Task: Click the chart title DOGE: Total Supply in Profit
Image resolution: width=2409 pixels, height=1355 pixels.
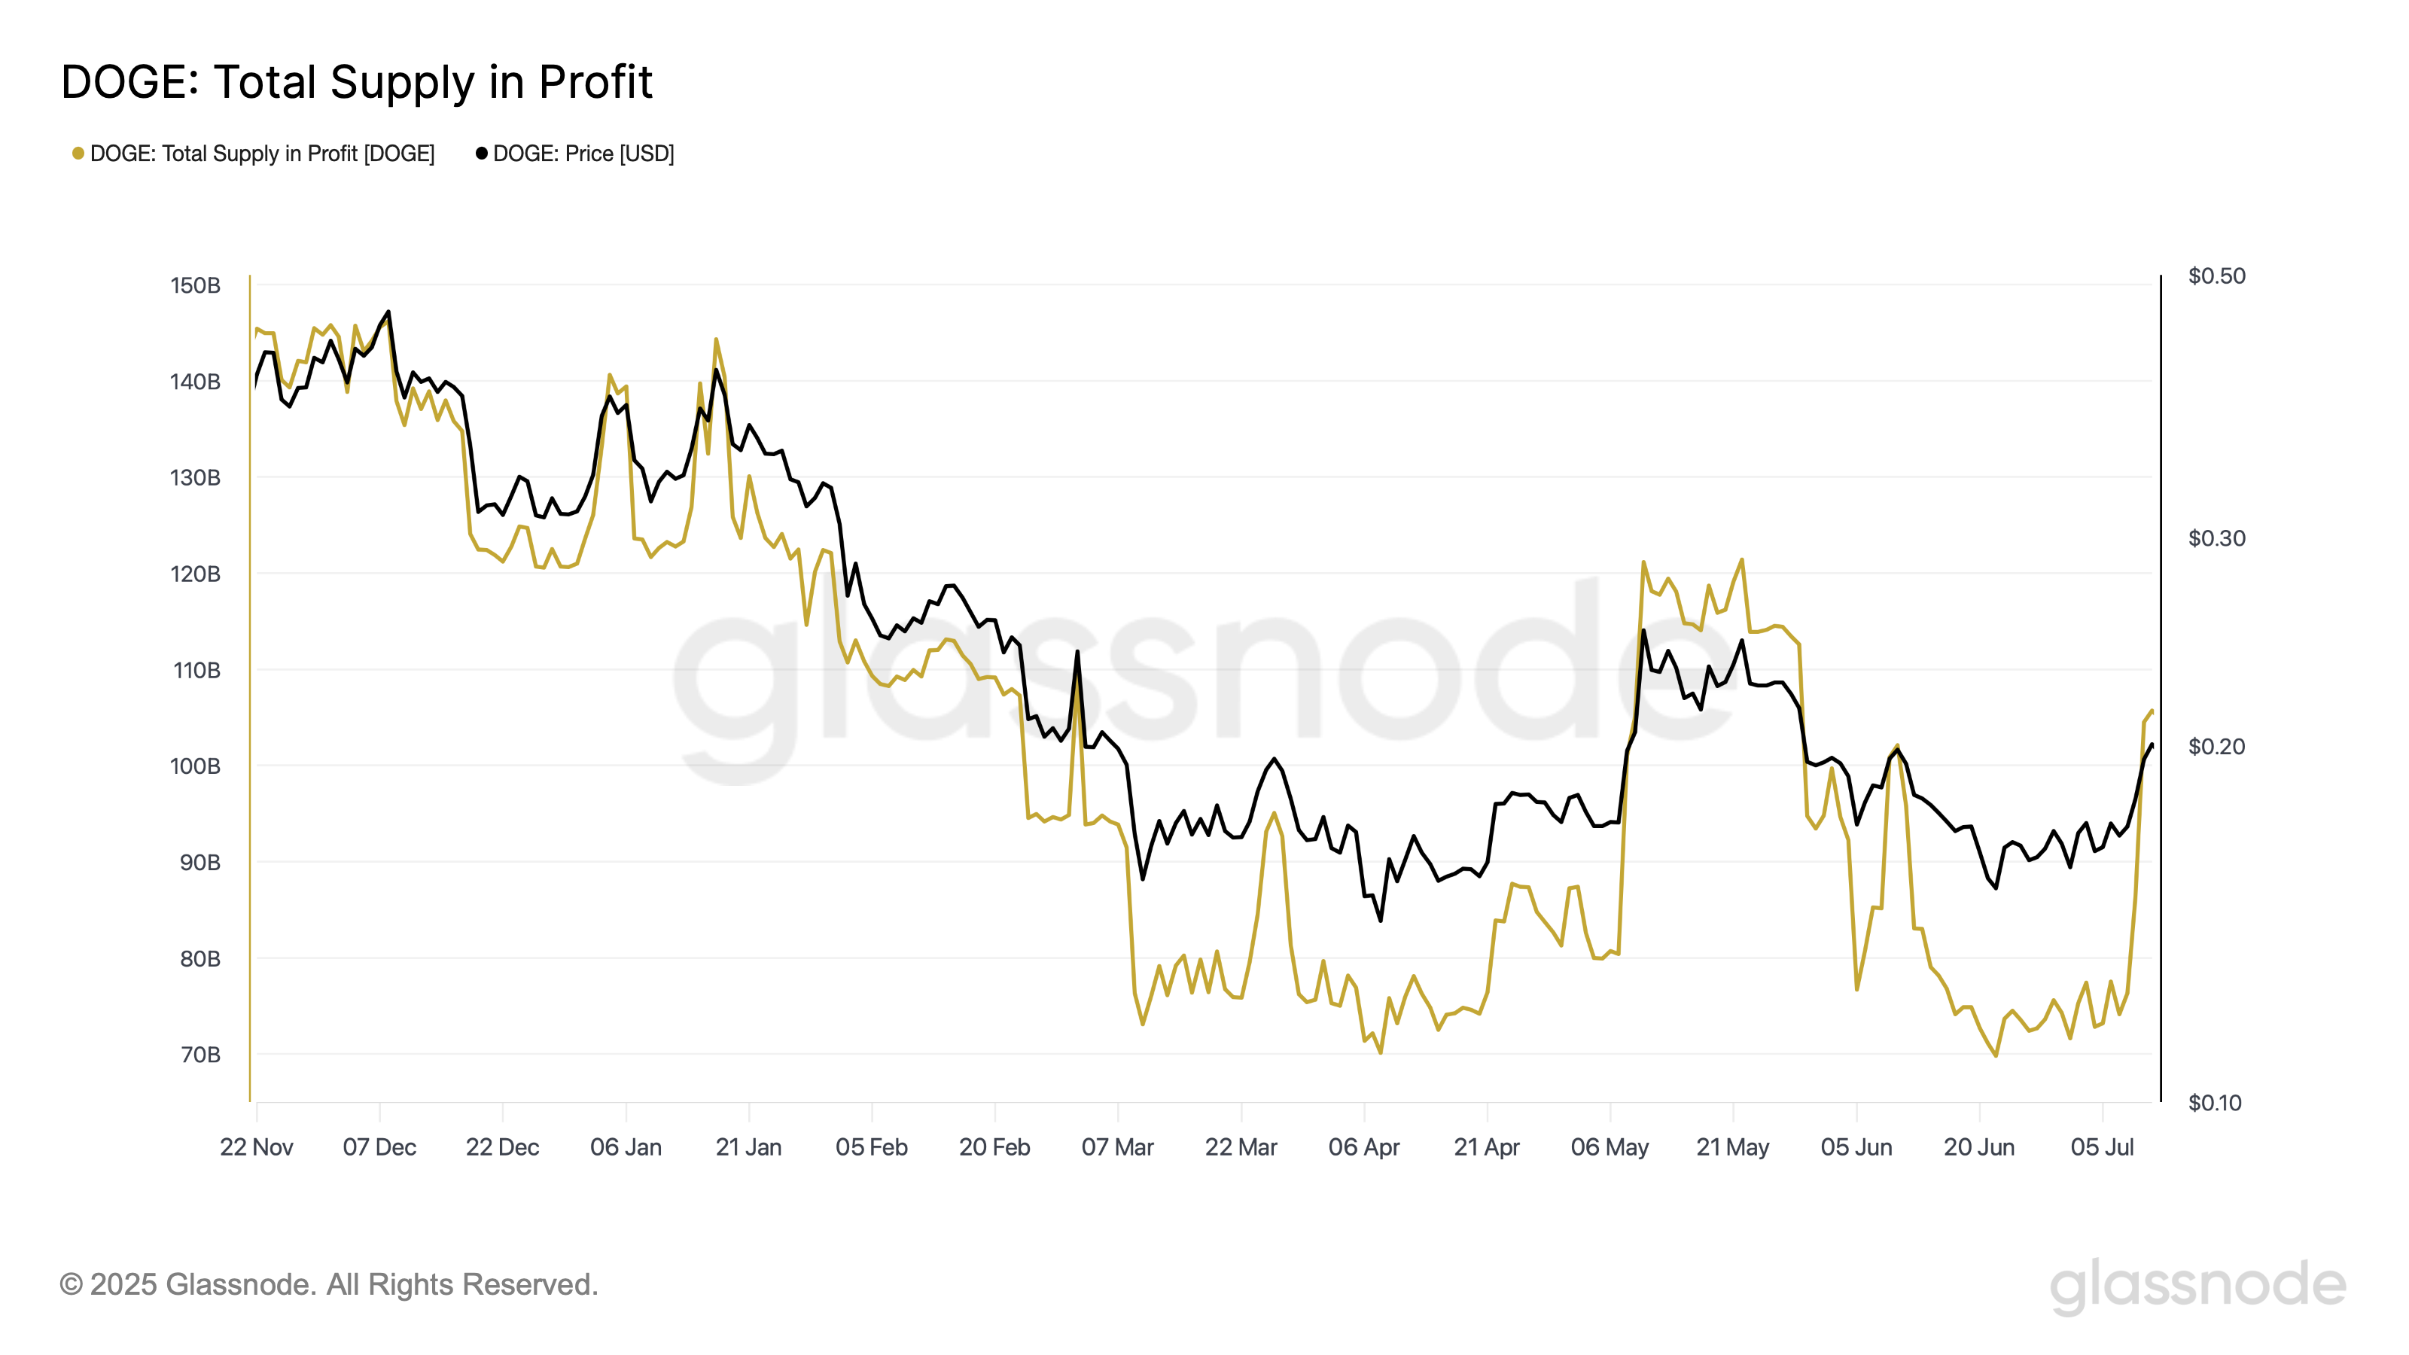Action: [356, 82]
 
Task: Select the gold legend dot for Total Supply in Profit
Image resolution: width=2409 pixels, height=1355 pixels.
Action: [78, 154]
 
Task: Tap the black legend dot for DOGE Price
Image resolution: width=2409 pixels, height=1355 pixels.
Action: [482, 154]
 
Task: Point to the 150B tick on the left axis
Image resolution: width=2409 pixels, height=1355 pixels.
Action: [194, 285]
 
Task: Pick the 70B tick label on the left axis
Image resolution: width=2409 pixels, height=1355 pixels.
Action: [199, 1055]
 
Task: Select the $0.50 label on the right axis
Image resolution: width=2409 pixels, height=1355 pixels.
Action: [2216, 276]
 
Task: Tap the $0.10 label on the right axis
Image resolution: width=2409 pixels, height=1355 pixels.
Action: [2215, 1103]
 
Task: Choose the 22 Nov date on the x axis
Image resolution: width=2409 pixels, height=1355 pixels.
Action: [256, 1147]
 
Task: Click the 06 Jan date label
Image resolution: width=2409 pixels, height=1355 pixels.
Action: [626, 1147]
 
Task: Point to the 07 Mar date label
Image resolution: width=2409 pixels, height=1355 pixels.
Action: [1117, 1147]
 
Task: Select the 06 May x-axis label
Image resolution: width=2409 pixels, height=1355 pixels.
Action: [1610, 1147]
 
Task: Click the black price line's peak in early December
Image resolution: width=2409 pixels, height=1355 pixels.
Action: [388, 312]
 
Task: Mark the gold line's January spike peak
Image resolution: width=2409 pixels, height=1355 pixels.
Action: [717, 340]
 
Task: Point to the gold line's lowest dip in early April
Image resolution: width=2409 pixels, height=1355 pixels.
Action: [1381, 1053]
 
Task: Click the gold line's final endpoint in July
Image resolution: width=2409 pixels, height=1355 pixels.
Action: [2152, 711]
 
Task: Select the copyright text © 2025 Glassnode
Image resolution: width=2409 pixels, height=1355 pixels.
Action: [328, 1285]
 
